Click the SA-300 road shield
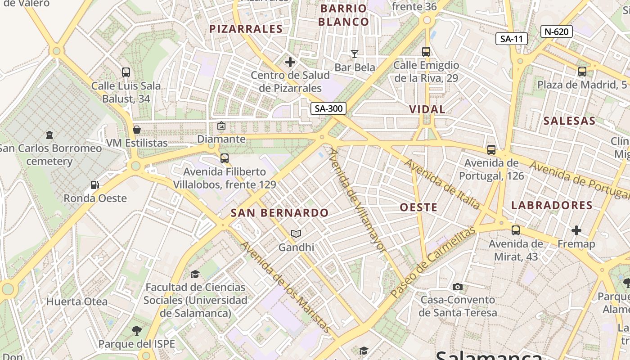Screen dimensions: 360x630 pos(328,108)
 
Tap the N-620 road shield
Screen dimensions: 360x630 pos(557,31)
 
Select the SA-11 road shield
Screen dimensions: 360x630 pos(512,39)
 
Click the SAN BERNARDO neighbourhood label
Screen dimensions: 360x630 pos(279,213)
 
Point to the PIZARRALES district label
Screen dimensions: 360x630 pos(246,29)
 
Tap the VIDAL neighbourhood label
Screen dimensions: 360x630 pos(427,109)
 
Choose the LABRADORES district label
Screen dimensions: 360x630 pos(552,205)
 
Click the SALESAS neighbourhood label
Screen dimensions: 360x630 pos(569,121)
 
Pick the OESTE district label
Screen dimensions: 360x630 pos(418,207)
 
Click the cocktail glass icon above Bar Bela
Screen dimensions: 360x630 pos(355,54)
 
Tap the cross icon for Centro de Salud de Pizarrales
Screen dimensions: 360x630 pos(290,62)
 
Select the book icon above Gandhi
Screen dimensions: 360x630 pos(296,234)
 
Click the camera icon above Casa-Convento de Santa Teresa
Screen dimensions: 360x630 pos(458,287)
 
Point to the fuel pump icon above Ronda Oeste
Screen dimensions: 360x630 pos(94,184)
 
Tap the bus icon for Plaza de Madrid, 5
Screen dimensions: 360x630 pos(582,71)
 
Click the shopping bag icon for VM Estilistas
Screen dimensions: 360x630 pos(137,130)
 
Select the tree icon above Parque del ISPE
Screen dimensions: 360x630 pos(136,331)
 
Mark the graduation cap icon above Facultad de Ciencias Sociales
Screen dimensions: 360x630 pos(195,274)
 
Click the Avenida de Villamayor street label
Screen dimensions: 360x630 pos(357,200)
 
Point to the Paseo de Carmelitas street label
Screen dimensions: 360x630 pos(433,262)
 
